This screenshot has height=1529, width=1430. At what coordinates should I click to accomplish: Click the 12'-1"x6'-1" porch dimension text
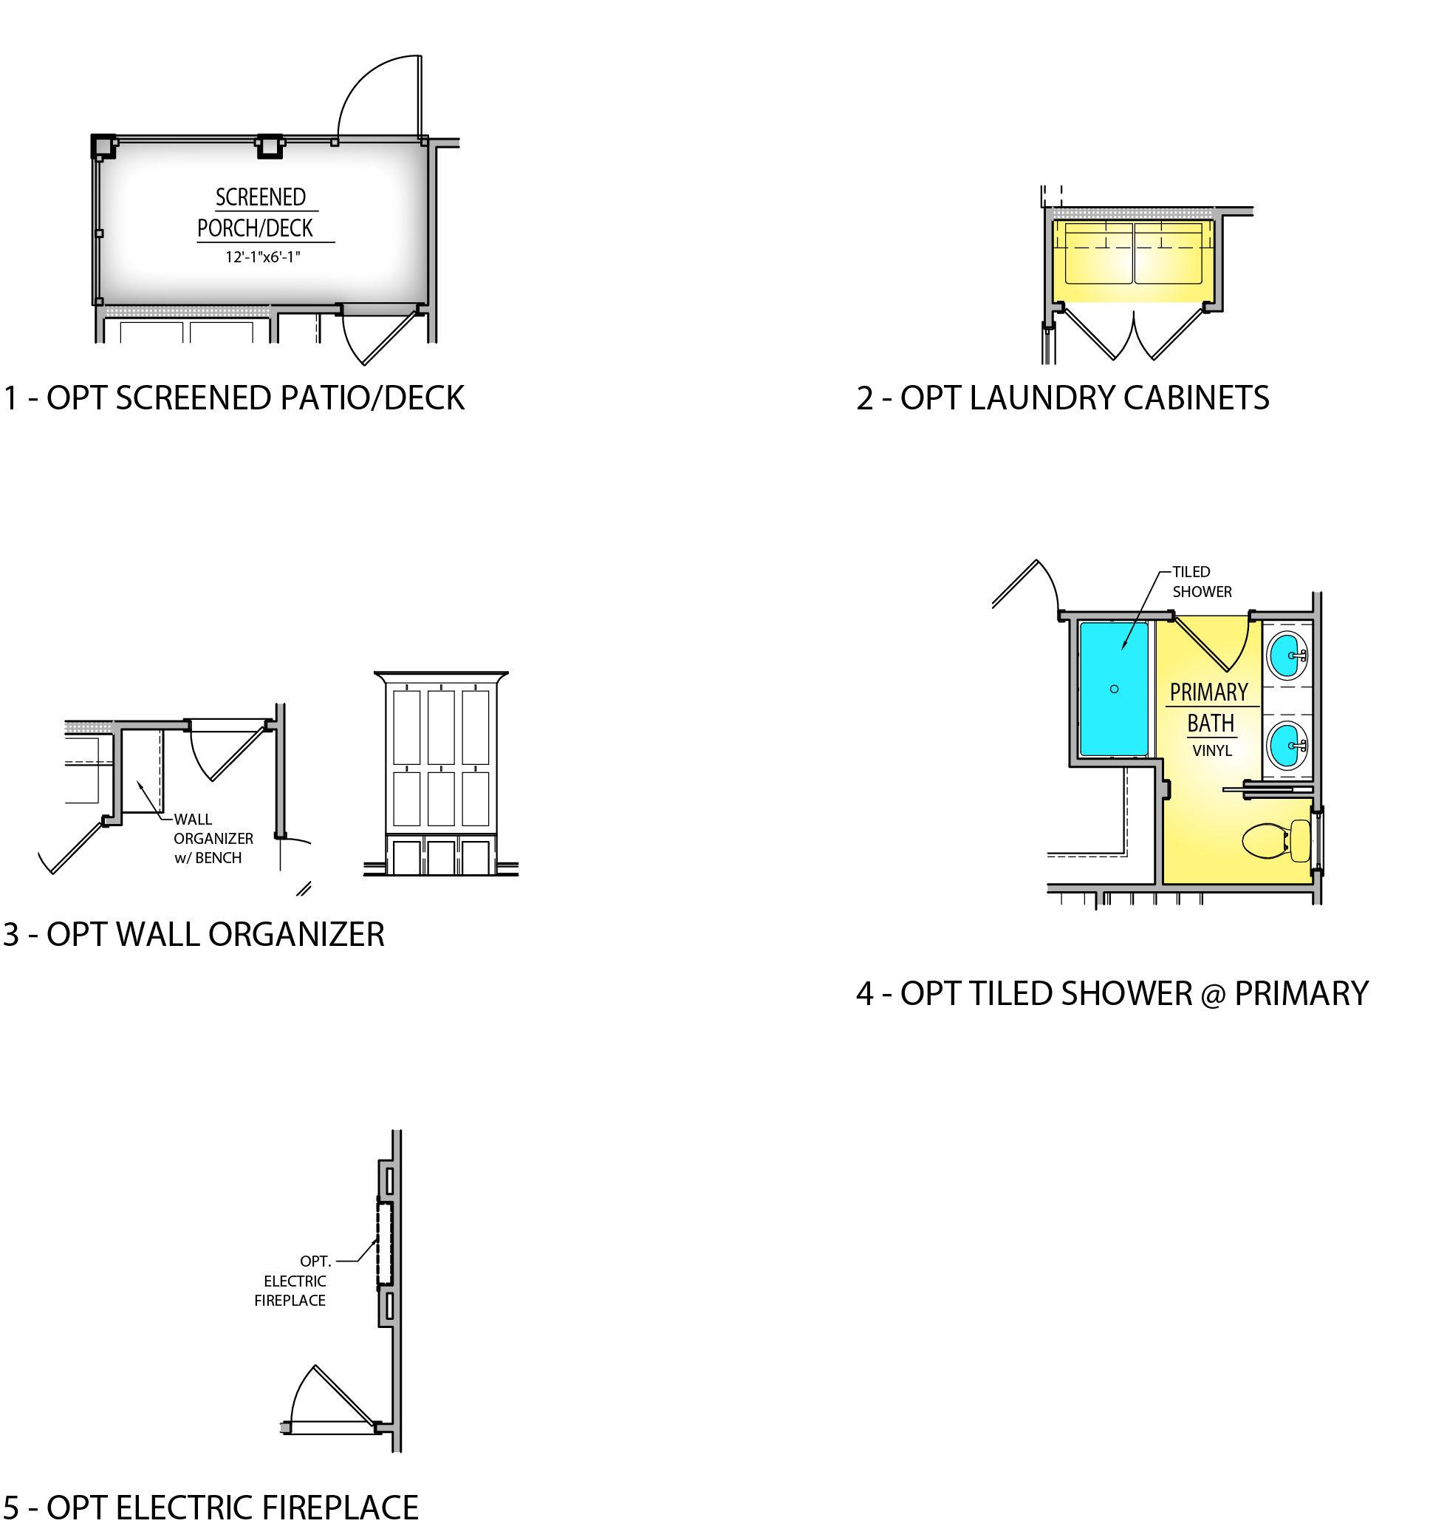262,257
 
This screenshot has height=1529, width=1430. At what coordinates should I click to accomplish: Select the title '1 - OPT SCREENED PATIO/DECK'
233,398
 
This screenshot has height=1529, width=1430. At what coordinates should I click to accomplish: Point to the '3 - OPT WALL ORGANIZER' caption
194,935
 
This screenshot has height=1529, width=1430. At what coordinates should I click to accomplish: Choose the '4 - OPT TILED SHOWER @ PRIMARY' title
1112,994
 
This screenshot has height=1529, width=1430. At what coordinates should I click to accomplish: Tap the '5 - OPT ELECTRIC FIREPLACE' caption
211,1508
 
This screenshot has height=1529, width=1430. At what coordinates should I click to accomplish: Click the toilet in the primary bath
1276,841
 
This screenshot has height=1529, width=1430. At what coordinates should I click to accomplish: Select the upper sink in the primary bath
1287,655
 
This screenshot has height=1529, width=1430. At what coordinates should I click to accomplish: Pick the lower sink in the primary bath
1287,744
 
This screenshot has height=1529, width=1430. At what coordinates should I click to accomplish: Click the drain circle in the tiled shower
1114,689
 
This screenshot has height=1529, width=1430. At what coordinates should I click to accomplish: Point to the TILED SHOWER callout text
1202,582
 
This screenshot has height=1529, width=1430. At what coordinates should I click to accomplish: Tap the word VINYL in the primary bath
1211,751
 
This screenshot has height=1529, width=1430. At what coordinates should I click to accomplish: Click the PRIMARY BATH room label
1209,707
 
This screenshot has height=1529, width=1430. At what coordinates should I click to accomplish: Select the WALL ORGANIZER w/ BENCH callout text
213,838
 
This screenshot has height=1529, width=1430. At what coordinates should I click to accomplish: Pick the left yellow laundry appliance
1093,253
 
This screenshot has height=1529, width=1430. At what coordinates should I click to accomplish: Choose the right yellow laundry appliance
1169,253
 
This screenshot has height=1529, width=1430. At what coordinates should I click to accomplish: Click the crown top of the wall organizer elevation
441,678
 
